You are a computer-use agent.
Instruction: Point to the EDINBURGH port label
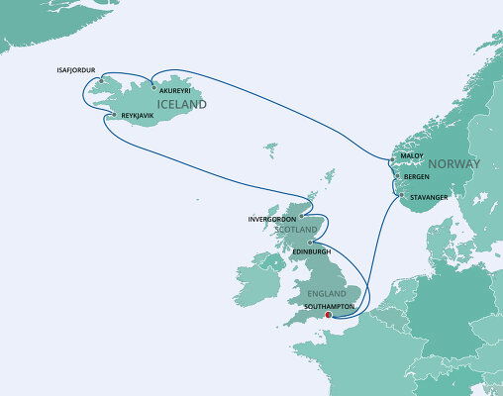click(313, 251)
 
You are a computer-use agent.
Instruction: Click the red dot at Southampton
click(329, 316)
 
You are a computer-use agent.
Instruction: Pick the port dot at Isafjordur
click(100, 80)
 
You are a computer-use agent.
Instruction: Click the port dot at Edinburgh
click(311, 242)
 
